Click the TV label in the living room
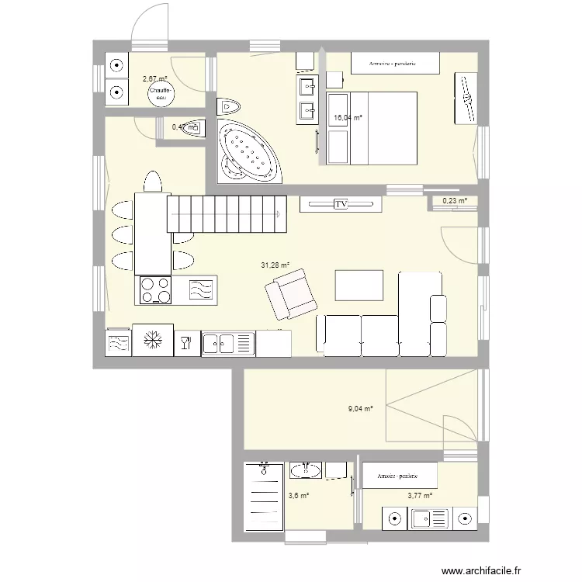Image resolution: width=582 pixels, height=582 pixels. [340, 204]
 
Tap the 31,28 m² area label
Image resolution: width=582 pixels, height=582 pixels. [275, 265]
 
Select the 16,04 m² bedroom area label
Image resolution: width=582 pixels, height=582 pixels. [348, 118]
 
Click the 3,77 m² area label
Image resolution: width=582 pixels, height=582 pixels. [420, 495]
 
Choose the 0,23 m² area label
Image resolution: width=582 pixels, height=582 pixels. [455, 201]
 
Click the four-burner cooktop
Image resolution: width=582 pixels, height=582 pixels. [155, 291]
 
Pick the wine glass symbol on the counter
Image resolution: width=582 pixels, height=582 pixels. [186, 341]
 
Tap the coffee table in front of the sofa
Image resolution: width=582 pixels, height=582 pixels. [359, 283]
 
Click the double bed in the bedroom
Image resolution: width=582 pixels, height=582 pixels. [371, 128]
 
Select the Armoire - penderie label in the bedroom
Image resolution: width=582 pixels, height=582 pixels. [393, 63]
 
